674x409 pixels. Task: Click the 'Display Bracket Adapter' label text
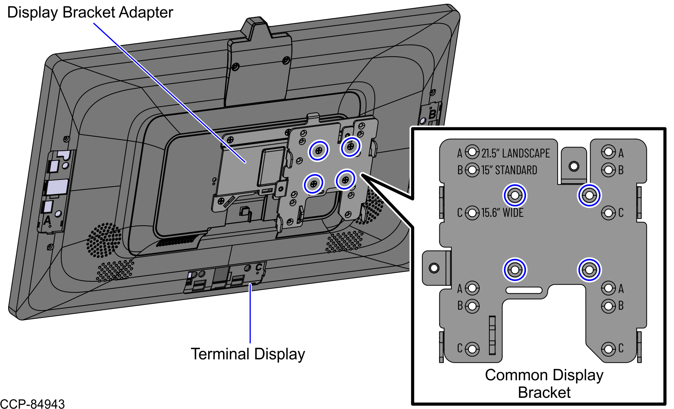click(x=90, y=12)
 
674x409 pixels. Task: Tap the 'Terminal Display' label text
click(x=248, y=354)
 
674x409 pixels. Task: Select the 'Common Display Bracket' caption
click(x=544, y=384)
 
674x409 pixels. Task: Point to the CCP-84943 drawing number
click(x=32, y=404)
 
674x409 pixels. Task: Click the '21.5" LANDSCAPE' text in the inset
click(x=515, y=153)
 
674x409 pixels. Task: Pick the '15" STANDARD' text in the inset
click(x=509, y=170)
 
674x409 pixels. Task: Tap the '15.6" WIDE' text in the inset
click(x=502, y=213)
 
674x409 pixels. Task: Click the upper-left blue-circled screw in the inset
click(x=515, y=195)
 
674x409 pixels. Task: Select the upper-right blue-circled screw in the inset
click(x=589, y=195)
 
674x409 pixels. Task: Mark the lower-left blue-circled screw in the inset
click(x=515, y=269)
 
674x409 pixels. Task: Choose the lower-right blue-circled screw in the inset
click(x=589, y=269)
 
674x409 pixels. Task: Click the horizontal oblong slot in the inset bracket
click(x=524, y=290)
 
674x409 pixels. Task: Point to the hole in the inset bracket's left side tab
click(x=434, y=268)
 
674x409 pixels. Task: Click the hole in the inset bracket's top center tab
click(x=574, y=166)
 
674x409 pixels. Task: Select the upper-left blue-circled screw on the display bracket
click(x=319, y=150)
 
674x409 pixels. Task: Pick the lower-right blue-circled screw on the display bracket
click(x=345, y=180)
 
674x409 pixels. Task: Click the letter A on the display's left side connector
click(x=47, y=220)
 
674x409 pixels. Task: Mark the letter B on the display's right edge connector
click(x=432, y=113)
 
